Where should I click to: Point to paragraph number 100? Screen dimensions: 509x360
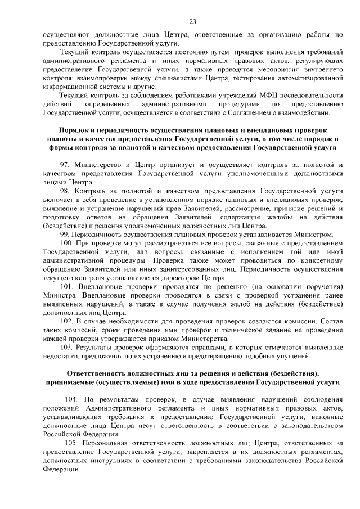pos(66,243)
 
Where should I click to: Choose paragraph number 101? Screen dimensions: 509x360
pos(66,287)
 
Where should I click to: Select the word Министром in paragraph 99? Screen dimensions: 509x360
pos(316,234)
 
